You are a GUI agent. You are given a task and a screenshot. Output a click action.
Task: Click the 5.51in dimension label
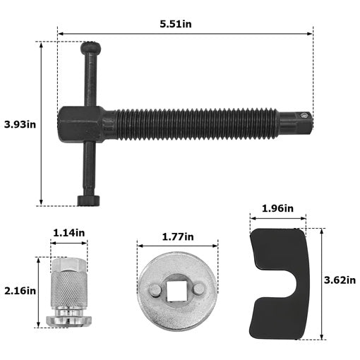click(176, 24)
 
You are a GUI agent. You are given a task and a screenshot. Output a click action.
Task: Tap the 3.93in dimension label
click(20, 124)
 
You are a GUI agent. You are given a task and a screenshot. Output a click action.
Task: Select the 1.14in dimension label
click(69, 233)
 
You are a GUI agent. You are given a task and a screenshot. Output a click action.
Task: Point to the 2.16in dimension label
click(20, 291)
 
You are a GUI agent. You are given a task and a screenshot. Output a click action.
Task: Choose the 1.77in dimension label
click(178, 236)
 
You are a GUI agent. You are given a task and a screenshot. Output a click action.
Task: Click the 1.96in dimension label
click(277, 208)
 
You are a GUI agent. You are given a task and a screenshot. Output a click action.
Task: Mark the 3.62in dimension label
click(340, 280)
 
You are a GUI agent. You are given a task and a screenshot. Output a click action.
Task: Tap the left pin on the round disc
click(155, 289)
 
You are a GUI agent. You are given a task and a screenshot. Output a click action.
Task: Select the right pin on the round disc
click(199, 289)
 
